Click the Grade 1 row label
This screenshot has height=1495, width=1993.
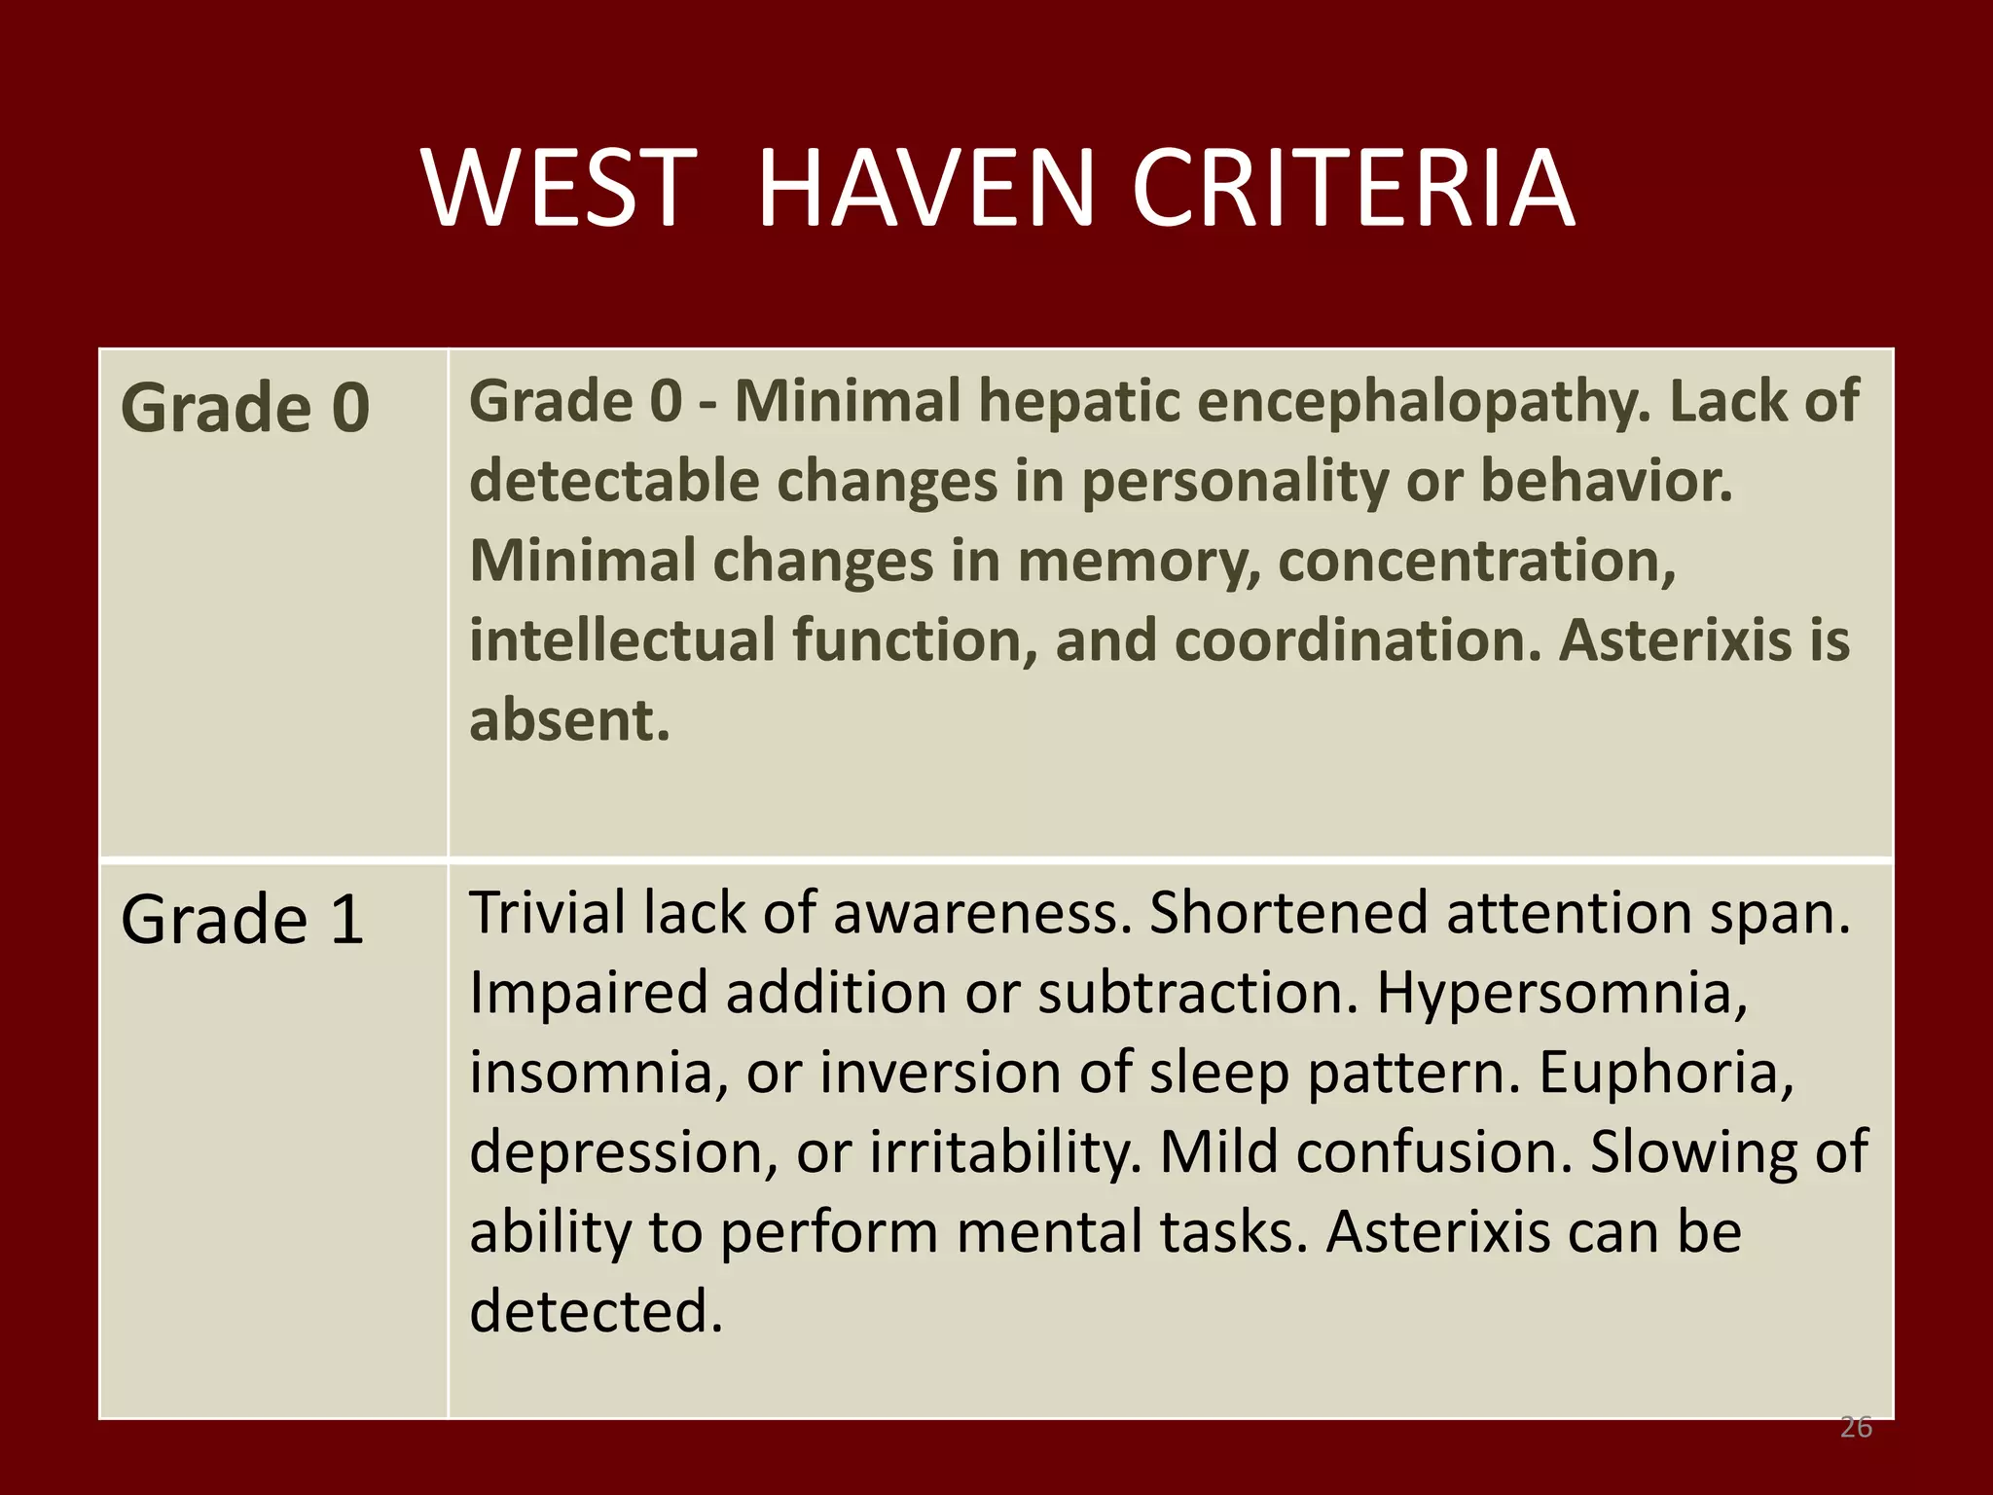242,919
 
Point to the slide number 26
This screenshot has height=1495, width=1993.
1856,1428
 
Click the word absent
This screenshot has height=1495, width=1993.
569,720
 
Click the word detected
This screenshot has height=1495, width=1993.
596,1311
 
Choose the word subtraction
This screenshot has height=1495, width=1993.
1197,994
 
